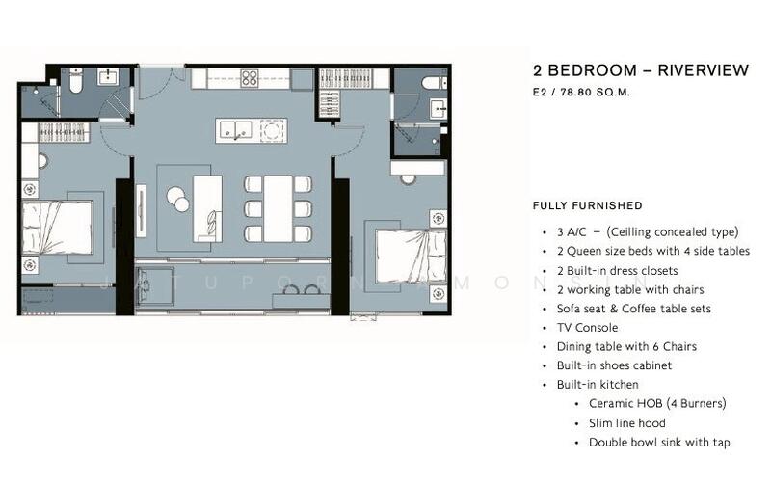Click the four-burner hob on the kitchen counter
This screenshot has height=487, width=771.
tap(250, 78)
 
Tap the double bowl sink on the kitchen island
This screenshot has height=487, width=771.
tap(235, 130)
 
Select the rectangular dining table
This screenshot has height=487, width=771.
tap(278, 208)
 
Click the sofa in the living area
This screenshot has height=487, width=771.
tap(207, 208)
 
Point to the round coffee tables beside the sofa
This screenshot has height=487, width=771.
tap(177, 200)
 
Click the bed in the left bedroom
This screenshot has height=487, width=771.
tap(57, 228)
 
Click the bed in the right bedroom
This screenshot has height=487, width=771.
tap(412, 257)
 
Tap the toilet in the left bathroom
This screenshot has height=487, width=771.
tap(76, 81)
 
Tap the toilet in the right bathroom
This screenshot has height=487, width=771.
tap(435, 83)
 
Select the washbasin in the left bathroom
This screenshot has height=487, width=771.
tap(108, 77)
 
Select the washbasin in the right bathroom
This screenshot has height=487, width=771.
tap(439, 109)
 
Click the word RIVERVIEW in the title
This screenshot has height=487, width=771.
tap(704, 70)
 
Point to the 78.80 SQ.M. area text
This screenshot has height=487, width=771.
tap(595, 92)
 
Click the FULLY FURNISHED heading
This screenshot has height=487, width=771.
tap(588, 205)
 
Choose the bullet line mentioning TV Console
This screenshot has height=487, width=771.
tap(587, 328)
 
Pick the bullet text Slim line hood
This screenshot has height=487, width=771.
tap(627, 423)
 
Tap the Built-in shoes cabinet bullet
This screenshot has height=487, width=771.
tap(614, 365)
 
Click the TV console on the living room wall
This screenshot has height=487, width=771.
tap(141, 208)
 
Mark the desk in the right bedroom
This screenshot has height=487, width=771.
tap(417, 167)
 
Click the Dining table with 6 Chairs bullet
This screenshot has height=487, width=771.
tap(626, 347)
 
